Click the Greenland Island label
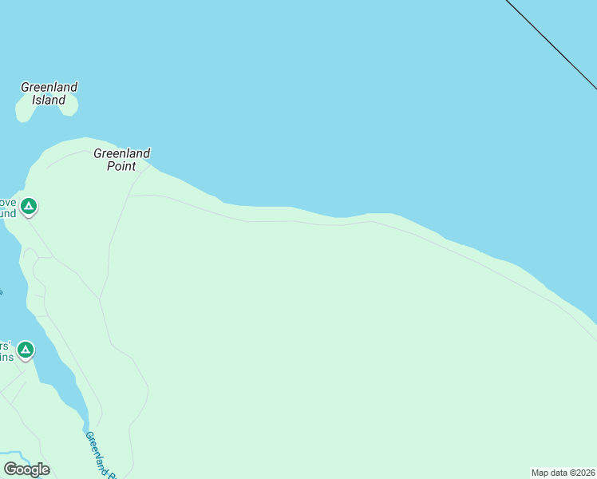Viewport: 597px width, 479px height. pyautogui.click(x=49, y=93)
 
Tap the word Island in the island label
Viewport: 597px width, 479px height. pyautogui.click(x=49, y=101)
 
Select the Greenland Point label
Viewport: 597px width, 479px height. pyautogui.click(x=121, y=160)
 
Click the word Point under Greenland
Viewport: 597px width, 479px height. pyautogui.click(x=121, y=166)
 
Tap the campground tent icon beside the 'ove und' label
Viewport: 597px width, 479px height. pyautogui.click(x=29, y=207)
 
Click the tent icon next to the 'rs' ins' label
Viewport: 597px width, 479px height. pyautogui.click(x=26, y=350)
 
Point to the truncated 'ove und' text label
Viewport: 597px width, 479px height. pyautogui.click(x=7, y=208)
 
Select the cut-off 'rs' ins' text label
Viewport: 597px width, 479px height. pyautogui.click(x=6, y=351)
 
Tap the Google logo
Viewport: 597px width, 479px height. pyautogui.click(x=27, y=469)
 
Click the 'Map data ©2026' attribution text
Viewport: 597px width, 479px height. pyautogui.click(x=563, y=473)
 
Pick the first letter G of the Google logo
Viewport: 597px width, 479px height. pyautogui.click(x=10, y=469)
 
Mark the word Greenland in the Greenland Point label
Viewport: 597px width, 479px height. pyautogui.click(x=121, y=153)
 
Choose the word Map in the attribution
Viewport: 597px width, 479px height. pyautogui.click(x=540, y=473)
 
